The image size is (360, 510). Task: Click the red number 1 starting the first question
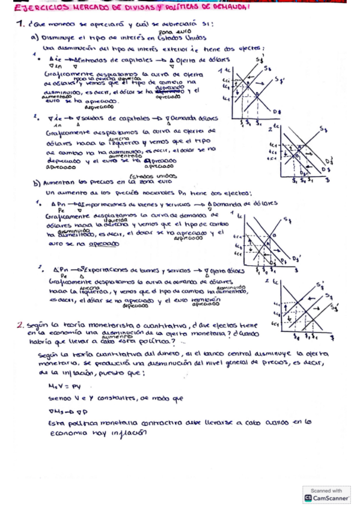20,25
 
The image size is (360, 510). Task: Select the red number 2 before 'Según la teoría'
20,325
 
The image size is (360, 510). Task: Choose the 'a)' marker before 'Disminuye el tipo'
35,38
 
